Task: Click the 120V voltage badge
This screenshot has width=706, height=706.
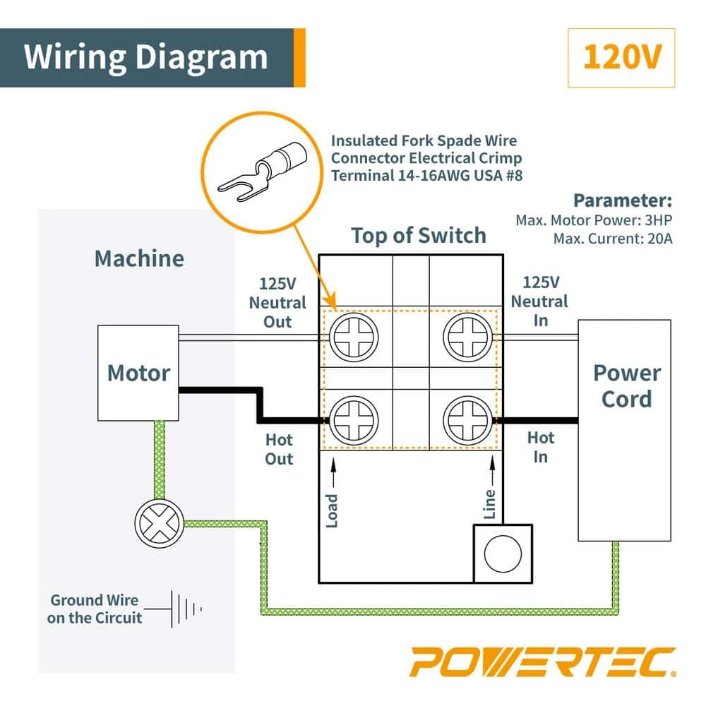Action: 621,58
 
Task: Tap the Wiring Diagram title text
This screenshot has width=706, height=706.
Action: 146,57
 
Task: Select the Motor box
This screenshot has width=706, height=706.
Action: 138,372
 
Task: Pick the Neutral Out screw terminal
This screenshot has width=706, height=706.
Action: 353,338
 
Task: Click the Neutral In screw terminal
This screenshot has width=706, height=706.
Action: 468,338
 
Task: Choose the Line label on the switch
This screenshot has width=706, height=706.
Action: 490,504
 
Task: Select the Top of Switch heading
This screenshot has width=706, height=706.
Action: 419,235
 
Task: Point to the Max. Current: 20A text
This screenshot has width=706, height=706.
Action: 613,239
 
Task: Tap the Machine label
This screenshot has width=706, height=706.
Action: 139,258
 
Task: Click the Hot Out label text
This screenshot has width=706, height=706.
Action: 279,449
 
